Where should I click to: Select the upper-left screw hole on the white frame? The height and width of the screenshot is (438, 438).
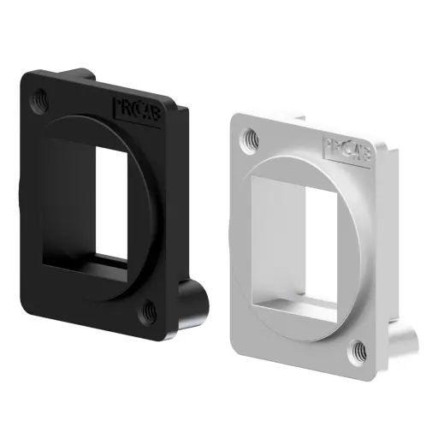click(x=251, y=136)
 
